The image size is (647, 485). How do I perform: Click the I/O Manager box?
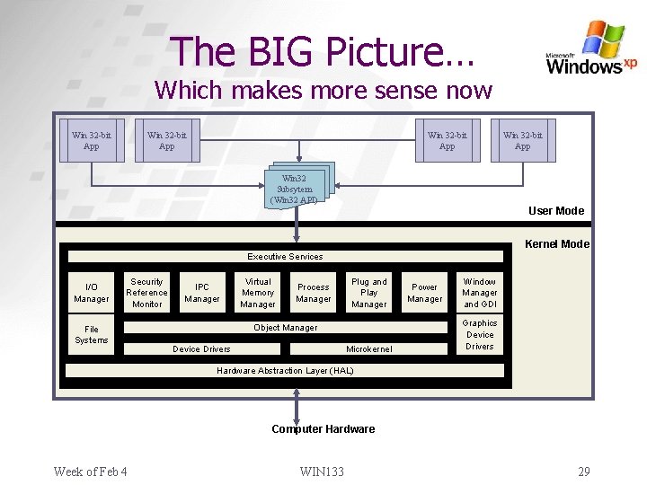(x=92, y=293)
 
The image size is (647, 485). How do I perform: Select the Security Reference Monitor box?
(x=146, y=293)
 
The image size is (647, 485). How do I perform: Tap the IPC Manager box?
(x=202, y=293)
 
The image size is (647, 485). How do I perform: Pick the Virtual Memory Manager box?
(x=258, y=293)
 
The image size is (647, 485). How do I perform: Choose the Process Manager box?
(x=314, y=293)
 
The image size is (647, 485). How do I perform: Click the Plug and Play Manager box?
(x=369, y=293)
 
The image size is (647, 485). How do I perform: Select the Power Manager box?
(x=424, y=293)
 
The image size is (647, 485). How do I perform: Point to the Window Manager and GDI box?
(x=480, y=293)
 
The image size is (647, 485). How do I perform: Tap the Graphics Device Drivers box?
(x=480, y=335)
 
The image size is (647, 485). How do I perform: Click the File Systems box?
(x=92, y=335)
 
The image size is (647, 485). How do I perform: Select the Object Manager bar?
(x=286, y=328)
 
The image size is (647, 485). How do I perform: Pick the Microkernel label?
(x=369, y=348)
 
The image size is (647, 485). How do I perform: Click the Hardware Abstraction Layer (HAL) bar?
(x=286, y=370)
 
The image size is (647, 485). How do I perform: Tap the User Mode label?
(x=556, y=211)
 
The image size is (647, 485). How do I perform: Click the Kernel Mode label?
(x=557, y=244)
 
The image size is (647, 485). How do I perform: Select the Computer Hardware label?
(x=323, y=429)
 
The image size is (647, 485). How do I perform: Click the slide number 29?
(x=584, y=472)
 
